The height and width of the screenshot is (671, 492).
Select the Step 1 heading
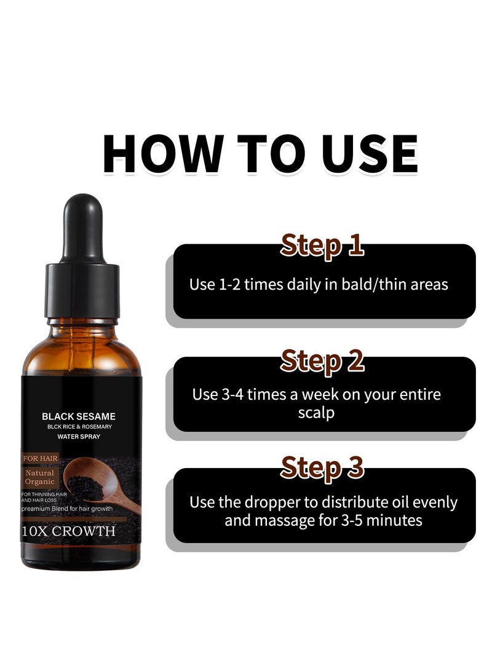[x=322, y=244]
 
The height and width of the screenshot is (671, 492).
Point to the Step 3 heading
[x=322, y=467]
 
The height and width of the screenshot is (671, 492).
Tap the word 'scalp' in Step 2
[x=316, y=412]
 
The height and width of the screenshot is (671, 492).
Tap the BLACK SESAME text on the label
[x=79, y=416]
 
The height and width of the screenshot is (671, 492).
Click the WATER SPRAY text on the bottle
[x=79, y=437]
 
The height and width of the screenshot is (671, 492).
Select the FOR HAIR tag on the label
[x=40, y=458]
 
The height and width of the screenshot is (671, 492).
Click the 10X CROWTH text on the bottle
[x=68, y=531]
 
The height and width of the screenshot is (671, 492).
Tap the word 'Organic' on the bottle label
[x=40, y=483]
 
